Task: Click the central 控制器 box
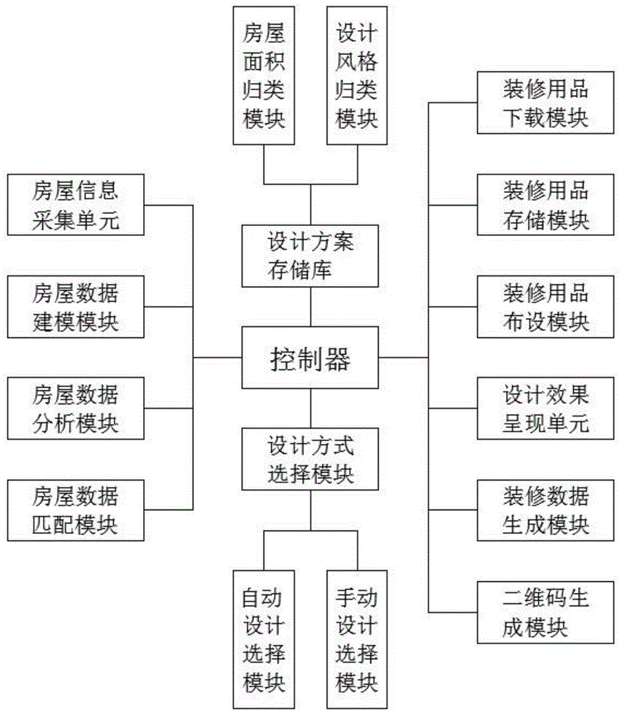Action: click(310, 357)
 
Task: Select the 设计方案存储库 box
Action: click(310, 256)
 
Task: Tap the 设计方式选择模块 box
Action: click(310, 459)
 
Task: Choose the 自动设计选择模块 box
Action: click(264, 640)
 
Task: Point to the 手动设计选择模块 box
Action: click(357, 640)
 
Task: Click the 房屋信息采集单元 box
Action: click(75, 205)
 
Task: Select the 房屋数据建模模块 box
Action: click(75, 307)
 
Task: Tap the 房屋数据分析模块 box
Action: click(75, 408)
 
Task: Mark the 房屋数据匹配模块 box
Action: click(75, 510)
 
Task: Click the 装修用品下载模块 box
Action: click(546, 104)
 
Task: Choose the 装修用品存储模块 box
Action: click(546, 205)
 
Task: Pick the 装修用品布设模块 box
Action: click(546, 307)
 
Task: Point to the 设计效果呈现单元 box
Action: click(546, 408)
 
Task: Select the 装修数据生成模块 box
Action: click(546, 510)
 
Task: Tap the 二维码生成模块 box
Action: click(546, 612)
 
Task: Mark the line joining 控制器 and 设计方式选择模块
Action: click(310, 408)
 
